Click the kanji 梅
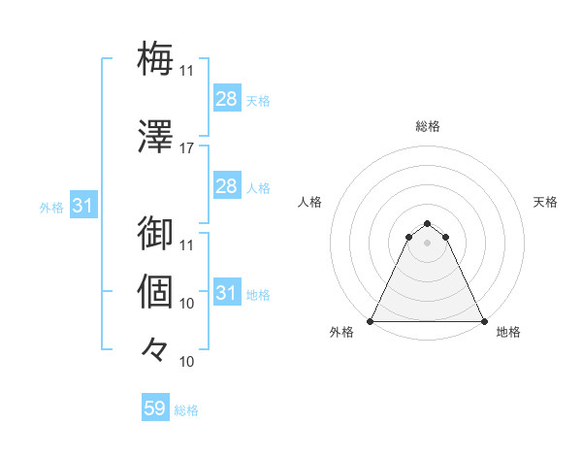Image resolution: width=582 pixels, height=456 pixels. pyautogui.click(x=155, y=59)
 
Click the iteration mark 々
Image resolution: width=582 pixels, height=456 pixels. pyautogui.click(x=155, y=346)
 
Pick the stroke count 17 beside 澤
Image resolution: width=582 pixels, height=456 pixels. pyautogui.click(x=187, y=148)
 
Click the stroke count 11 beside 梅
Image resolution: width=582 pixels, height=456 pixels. pyautogui.click(x=187, y=71)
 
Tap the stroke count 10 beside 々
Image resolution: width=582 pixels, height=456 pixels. pyautogui.click(x=187, y=361)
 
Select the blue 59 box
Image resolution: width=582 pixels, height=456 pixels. pyautogui.click(x=155, y=408)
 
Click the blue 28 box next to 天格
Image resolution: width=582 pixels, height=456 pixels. pyautogui.click(x=226, y=99)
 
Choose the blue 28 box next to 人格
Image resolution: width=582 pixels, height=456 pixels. pyautogui.click(x=226, y=186)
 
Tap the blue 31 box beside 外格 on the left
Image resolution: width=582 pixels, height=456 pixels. pyautogui.click(x=82, y=206)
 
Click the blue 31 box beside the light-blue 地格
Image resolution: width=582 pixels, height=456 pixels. pyautogui.click(x=226, y=293)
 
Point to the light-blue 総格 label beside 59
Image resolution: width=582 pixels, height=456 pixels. pyautogui.click(x=186, y=409)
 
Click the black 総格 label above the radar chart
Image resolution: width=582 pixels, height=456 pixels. pyautogui.click(x=428, y=126)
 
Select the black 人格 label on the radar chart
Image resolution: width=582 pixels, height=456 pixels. pyautogui.click(x=309, y=202)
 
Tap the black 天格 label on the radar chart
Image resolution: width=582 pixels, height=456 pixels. pyautogui.click(x=546, y=202)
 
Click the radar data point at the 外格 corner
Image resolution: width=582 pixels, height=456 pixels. pyautogui.click(x=371, y=321)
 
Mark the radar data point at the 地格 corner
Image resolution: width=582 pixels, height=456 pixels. pyautogui.click(x=484, y=321)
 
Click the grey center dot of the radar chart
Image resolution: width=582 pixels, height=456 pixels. pyautogui.click(x=427, y=242)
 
